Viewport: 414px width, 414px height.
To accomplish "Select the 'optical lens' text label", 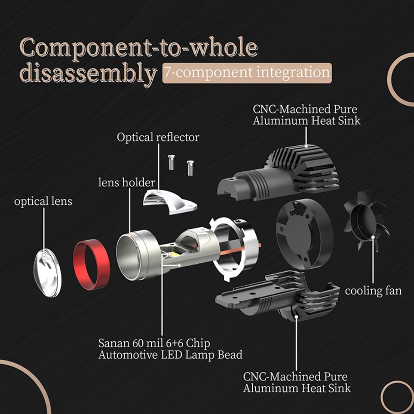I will point(43,201).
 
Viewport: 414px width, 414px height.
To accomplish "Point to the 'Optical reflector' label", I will point(158,138).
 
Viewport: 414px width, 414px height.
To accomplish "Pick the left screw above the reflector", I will point(171,162).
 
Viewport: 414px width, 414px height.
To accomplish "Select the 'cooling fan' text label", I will point(373,291).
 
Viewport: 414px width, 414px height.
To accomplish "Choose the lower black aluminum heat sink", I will point(276,298).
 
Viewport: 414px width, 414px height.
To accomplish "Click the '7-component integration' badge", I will point(247,72).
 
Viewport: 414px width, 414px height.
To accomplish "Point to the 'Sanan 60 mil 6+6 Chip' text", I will point(154,344).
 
